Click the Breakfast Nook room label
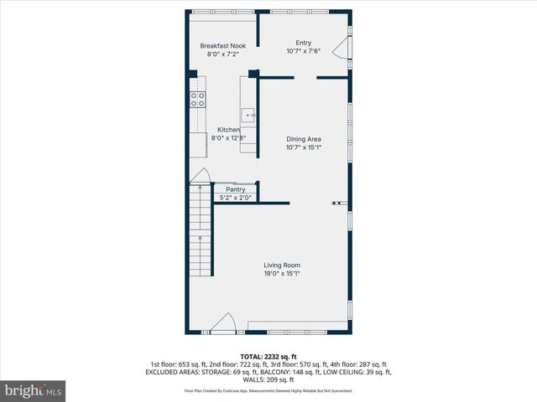pyautogui.click(x=222, y=46)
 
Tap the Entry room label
pyautogui.click(x=304, y=43)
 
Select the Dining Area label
pyautogui.click(x=304, y=139)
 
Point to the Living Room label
pyautogui.click(x=281, y=265)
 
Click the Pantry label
pyautogui.click(x=235, y=189)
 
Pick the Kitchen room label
pyautogui.click(x=229, y=130)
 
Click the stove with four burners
pyautogui.click(x=198, y=100)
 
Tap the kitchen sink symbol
pyautogui.click(x=249, y=112)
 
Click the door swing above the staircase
pyautogui.click(x=201, y=175)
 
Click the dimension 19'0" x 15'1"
pyautogui.click(x=281, y=274)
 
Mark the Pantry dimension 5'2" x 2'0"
pyautogui.click(x=235, y=198)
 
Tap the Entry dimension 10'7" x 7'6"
pyautogui.click(x=304, y=51)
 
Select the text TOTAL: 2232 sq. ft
pyautogui.click(x=268, y=357)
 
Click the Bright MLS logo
pyautogui.click(x=34, y=390)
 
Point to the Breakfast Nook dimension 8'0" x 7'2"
pyautogui.click(x=222, y=54)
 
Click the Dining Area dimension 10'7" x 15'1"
pyautogui.click(x=304, y=147)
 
